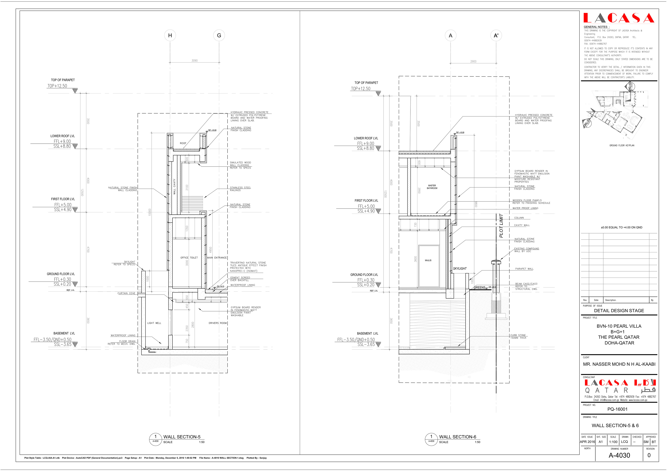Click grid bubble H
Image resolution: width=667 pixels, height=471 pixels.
pos(170,35)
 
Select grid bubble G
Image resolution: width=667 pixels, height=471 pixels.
pos(219,35)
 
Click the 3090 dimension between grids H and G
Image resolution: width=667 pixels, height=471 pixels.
pos(194,61)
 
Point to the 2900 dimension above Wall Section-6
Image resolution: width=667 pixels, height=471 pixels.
pos(473,61)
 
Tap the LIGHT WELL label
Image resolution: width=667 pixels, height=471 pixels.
pos(154,323)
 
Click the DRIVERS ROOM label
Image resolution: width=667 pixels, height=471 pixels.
pos(217,323)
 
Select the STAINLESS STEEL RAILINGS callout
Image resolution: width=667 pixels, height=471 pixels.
pos(240,189)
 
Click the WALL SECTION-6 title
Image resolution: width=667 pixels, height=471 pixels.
pos(458,437)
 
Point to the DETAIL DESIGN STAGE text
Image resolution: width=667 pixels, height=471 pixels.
pos(619,310)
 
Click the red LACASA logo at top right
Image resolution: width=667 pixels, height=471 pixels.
pos(619,18)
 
